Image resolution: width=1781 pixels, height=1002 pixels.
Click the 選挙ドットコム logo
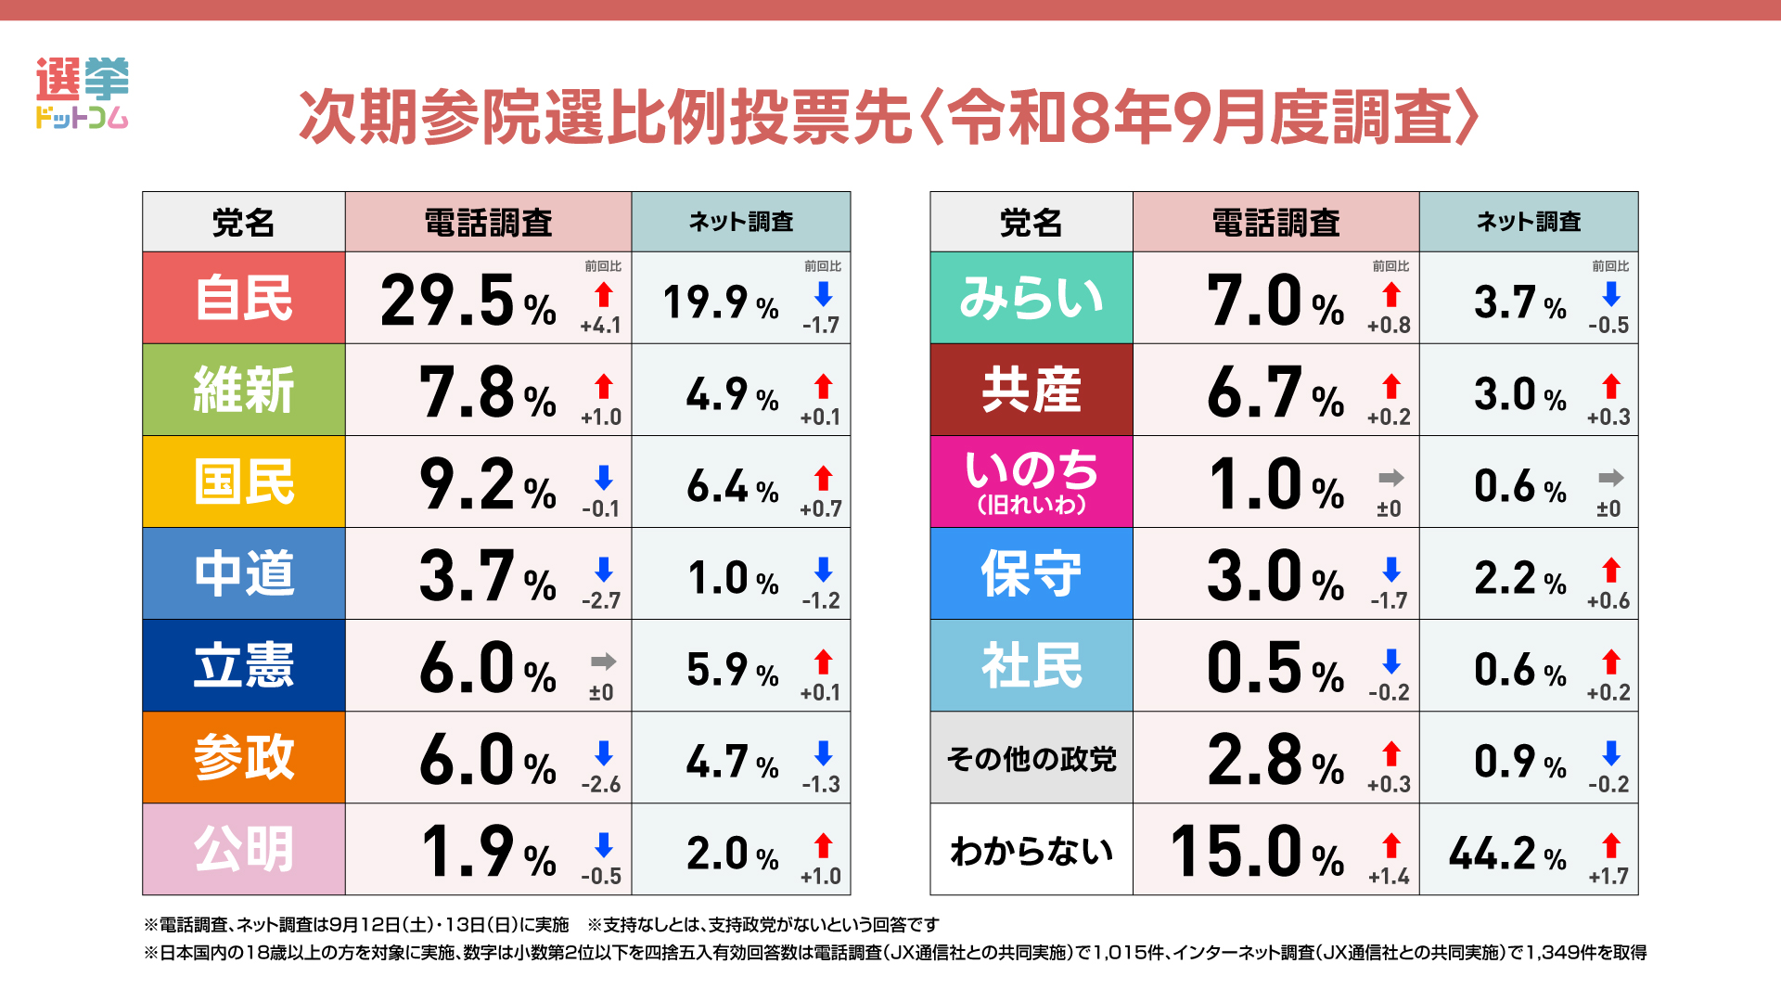(82, 93)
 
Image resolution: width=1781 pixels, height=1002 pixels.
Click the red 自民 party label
(244, 298)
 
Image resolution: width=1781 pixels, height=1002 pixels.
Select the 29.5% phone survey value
(468, 301)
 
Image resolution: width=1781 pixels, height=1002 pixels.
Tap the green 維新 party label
(244, 390)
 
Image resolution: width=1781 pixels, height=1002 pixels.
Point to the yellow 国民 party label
(244, 482)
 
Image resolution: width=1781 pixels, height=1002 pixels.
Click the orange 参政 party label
(244, 757)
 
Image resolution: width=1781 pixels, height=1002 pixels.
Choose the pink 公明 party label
(244, 849)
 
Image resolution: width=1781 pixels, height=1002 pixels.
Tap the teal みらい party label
(1031, 298)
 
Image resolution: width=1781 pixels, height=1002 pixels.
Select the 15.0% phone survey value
(1257, 852)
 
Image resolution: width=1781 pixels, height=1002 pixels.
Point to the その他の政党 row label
(1031, 759)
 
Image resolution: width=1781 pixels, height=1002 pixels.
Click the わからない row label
(1031, 851)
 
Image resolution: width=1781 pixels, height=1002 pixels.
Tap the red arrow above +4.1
(604, 295)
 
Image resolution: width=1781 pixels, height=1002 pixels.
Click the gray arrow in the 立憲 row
(604, 662)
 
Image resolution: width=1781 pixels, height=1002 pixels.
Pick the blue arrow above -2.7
(604, 570)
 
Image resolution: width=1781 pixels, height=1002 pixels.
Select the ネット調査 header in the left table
(741, 222)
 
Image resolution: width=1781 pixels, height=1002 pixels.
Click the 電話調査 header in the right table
(1276, 223)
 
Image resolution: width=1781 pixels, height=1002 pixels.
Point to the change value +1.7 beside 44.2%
(1608, 876)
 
